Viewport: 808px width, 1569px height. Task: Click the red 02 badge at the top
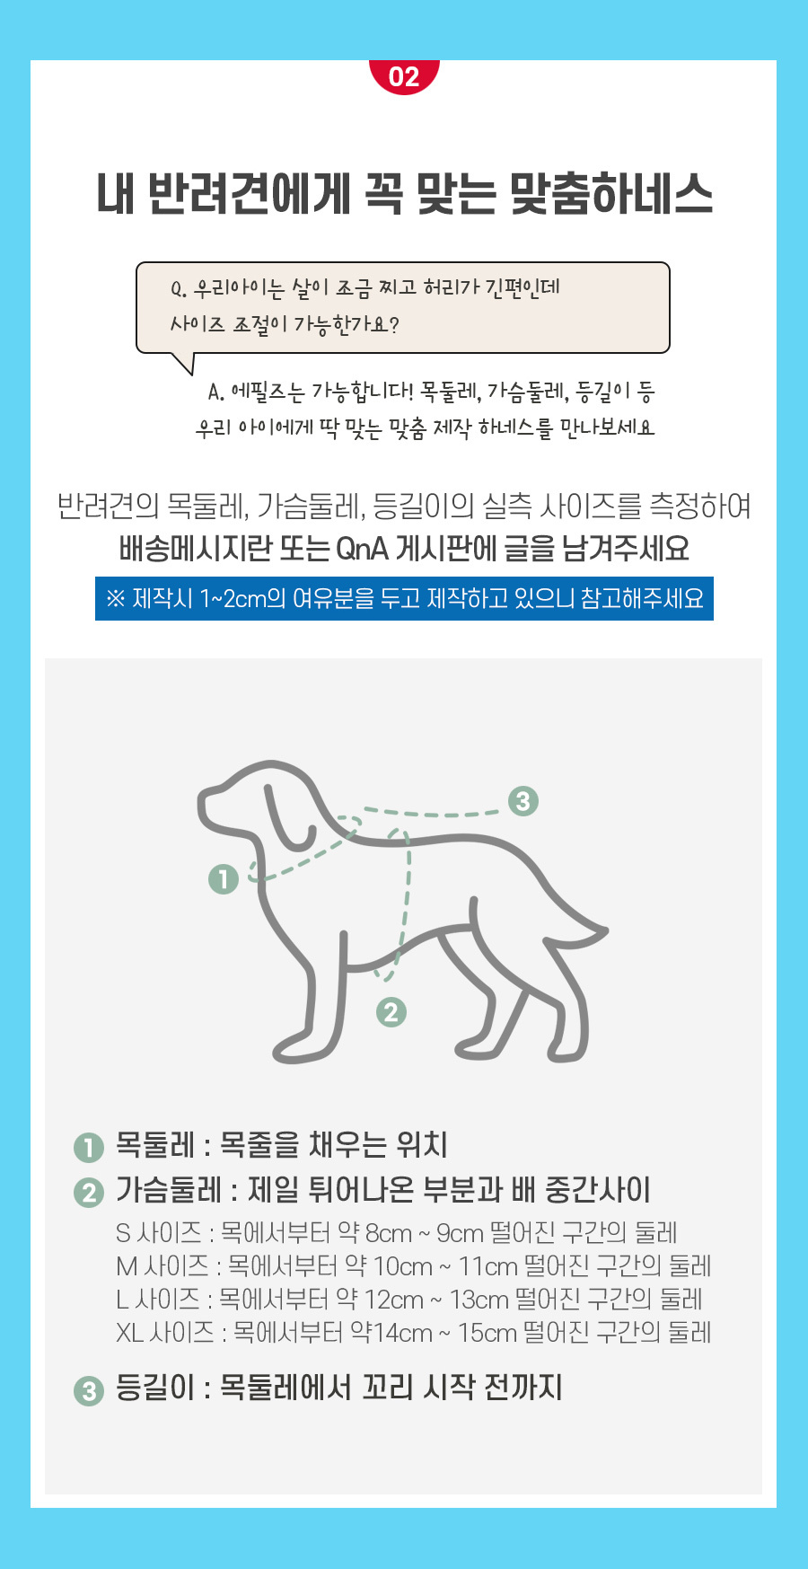pyautogui.click(x=404, y=75)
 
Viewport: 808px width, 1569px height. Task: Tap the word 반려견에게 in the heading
pyautogui.click(x=248, y=194)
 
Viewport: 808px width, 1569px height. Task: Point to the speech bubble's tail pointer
pyautogui.click(x=183, y=362)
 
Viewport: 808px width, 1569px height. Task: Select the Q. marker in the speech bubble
pyautogui.click(x=179, y=289)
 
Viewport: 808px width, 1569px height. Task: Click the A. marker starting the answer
pyautogui.click(x=215, y=392)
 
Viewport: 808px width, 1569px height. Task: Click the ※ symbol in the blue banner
pyautogui.click(x=116, y=599)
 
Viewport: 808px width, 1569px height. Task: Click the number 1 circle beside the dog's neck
pyautogui.click(x=223, y=878)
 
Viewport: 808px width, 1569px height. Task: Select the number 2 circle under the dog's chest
pyautogui.click(x=391, y=1012)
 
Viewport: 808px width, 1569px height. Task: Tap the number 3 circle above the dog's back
pyautogui.click(x=523, y=800)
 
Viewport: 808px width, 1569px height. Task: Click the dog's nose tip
pyautogui.click(x=203, y=802)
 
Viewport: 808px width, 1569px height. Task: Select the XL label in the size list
pyautogui.click(x=129, y=1333)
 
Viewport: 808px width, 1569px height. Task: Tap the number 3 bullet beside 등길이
pyautogui.click(x=89, y=1391)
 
